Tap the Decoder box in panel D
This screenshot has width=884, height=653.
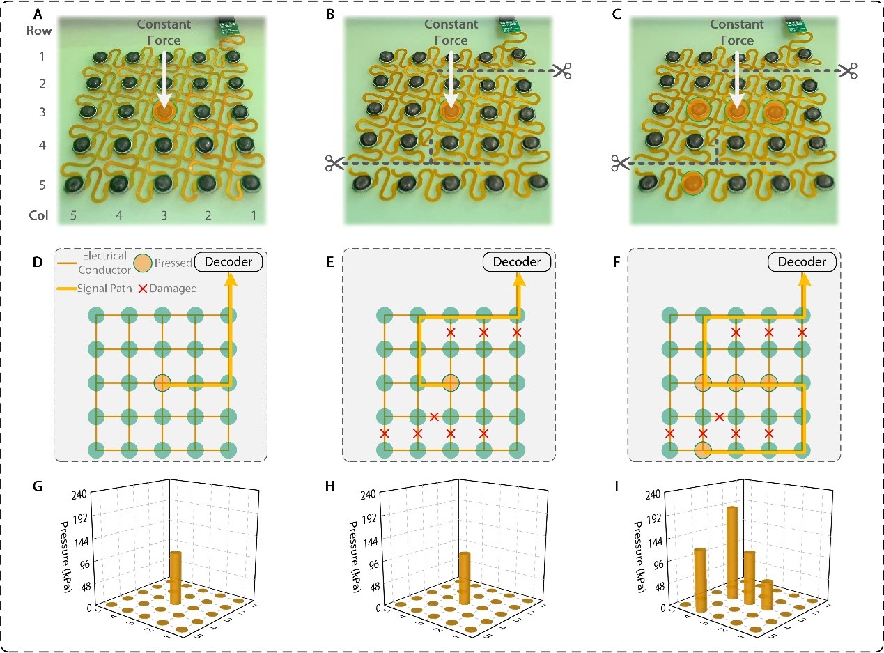tap(229, 262)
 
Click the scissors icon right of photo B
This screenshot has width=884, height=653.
tap(562, 71)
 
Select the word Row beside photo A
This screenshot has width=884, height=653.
tap(40, 31)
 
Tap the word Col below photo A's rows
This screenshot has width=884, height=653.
tap(39, 215)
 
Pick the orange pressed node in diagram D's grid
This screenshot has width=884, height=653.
tap(162, 383)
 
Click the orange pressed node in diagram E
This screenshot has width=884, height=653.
tap(450, 383)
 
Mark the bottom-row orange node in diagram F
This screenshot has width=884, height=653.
tap(702, 450)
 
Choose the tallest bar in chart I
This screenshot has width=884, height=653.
tap(731, 551)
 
